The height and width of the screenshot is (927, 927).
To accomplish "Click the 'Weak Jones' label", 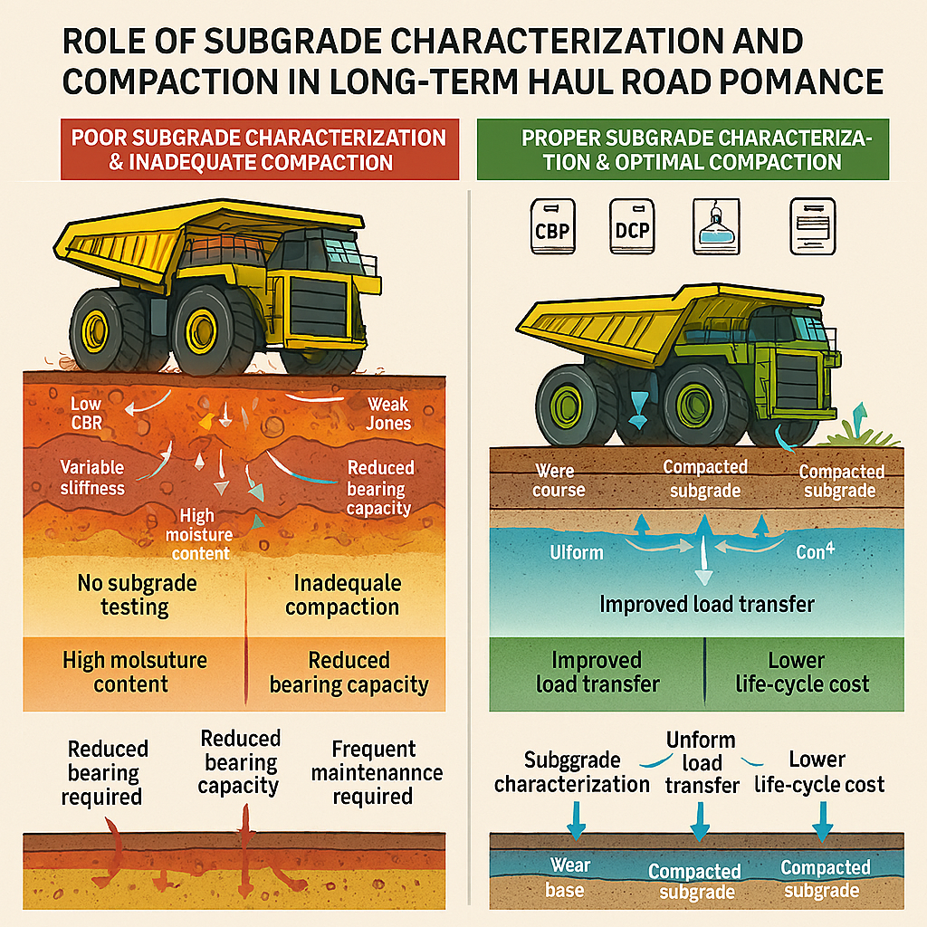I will point(388,414).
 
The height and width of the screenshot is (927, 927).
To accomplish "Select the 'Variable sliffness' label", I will point(91,478).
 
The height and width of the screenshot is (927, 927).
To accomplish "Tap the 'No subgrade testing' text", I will point(136,595).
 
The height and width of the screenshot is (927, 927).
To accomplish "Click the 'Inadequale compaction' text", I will point(342,595).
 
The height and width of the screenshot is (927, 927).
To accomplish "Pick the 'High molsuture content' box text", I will point(134,672).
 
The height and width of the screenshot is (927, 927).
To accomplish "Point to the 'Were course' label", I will point(559,481).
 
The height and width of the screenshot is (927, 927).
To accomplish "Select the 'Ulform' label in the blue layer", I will point(576,551).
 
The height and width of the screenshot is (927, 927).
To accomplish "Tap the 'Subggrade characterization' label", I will point(571,771).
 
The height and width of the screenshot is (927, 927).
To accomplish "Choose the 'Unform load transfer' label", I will point(702,763).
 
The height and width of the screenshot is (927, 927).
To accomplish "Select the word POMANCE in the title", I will point(798,81).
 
